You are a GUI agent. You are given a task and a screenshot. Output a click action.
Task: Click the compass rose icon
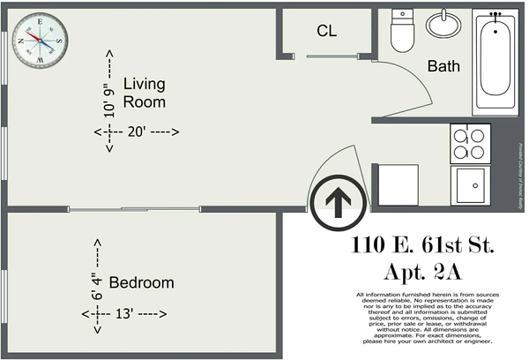coord(40,39)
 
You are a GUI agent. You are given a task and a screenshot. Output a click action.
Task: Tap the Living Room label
coord(145,93)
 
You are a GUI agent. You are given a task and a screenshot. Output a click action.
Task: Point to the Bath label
coord(443,65)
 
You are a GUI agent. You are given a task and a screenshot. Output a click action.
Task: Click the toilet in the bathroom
coord(403,33)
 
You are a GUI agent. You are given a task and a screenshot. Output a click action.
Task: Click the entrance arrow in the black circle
coord(336,202)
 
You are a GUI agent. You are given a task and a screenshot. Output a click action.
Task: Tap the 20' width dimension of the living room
coord(138,131)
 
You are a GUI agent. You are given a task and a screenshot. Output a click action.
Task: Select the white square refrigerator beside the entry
coord(398,184)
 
